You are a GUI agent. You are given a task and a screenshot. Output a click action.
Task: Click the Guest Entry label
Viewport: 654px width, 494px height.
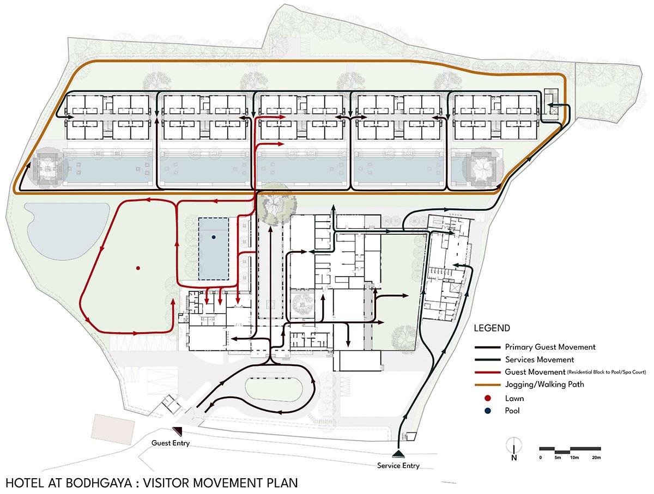[171, 443]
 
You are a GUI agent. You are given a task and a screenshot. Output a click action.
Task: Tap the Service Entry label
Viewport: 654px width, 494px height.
[398, 466]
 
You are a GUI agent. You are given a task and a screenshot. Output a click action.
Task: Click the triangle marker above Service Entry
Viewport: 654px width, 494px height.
[398, 454]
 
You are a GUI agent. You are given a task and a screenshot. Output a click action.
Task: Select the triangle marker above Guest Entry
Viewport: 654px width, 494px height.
[178, 431]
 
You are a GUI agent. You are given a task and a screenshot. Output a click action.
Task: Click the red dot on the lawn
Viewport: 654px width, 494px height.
[138, 268]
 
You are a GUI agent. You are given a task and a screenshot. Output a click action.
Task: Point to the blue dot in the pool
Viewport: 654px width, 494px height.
[213, 237]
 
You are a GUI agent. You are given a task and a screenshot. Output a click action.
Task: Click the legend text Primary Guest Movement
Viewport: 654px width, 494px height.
[550, 347]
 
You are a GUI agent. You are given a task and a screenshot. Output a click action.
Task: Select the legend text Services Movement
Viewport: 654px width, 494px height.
[540, 359]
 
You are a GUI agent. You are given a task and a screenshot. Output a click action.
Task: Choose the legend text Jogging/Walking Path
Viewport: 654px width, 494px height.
[544, 385]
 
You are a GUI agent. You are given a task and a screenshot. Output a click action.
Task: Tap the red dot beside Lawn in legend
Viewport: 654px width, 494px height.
[488, 399]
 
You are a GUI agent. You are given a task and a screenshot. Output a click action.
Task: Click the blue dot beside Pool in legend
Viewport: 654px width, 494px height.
[488, 411]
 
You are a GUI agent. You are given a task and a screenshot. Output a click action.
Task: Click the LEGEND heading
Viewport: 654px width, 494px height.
[492, 328]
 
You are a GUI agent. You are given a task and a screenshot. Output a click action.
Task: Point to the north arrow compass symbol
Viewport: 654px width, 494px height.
[514, 449]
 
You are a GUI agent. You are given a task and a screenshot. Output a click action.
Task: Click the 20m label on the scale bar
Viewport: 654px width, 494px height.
[596, 458]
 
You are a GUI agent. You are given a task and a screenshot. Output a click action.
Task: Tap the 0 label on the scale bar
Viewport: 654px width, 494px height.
[541, 458]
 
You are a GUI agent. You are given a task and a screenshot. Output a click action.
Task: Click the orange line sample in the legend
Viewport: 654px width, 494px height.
[487, 385]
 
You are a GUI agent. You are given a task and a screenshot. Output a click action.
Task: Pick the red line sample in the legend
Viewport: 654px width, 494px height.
[487, 373]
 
